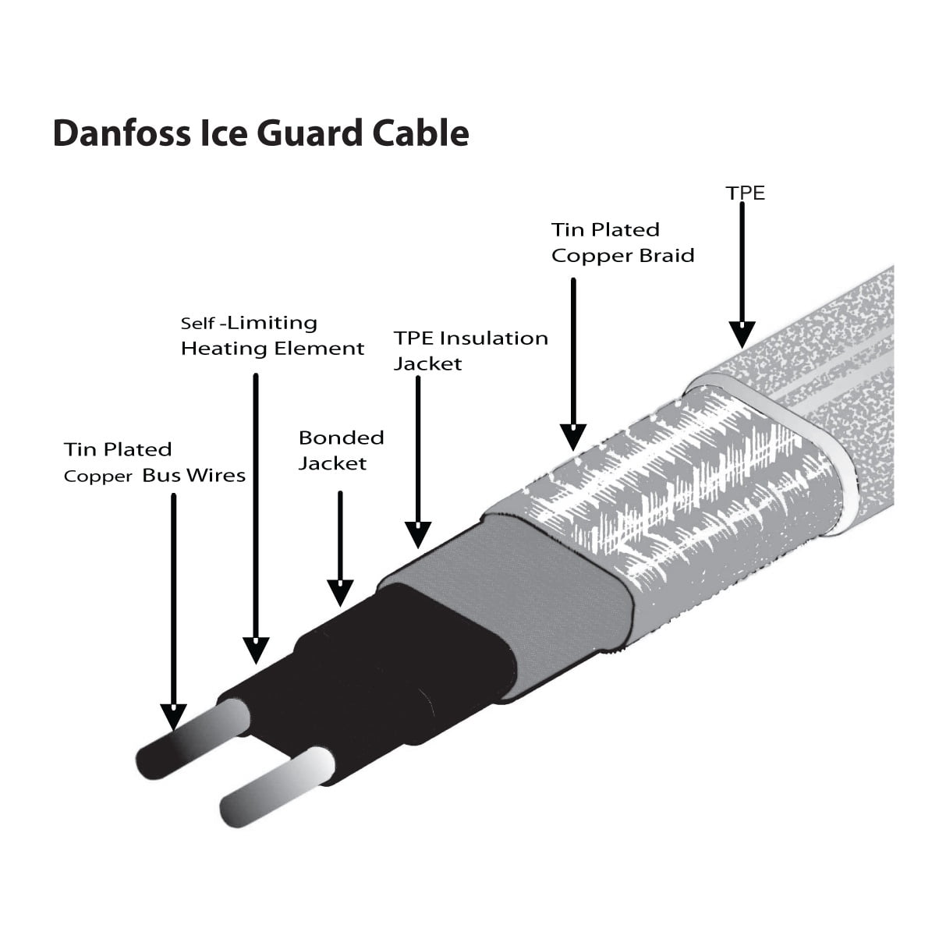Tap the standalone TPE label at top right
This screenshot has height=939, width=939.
[746, 193]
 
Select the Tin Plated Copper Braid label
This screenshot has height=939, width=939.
[622, 243]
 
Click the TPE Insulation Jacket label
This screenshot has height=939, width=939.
[470, 350]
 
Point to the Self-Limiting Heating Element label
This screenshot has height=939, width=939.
[272, 335]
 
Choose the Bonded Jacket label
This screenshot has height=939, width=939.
[341, 450]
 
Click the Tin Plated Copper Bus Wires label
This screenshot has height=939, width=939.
[154, 462]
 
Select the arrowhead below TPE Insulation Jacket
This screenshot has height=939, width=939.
[419, 533]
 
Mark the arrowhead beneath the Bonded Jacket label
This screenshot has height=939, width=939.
[340, 593]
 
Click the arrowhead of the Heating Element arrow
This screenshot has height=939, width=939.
[256, 649]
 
